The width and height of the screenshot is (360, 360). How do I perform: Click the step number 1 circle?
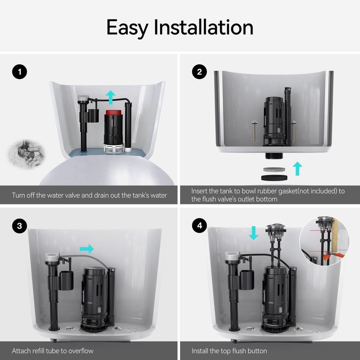click(19, 72)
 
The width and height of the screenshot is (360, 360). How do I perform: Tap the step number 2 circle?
click(199, 72)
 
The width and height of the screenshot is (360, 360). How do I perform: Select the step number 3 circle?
click(19, 226)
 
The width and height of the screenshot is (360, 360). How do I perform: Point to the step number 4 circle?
click(199, 226)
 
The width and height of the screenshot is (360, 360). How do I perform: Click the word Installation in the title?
click(203, 27)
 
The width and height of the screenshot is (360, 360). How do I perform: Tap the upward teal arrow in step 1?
click(111, 97)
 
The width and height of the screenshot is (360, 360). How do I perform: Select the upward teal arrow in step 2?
click(297, 168)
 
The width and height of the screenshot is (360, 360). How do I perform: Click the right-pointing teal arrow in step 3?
click(87, 249)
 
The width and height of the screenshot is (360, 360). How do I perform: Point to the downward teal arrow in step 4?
click(254, 233)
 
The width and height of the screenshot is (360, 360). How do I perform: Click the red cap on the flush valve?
click(113, 112)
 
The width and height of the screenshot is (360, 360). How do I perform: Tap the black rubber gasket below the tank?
click(274, 177)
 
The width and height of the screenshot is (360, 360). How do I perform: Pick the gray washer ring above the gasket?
click(274, 170)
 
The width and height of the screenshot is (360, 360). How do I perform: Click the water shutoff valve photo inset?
click(26, 154)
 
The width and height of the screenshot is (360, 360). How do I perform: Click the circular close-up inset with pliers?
click(324, 241)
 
